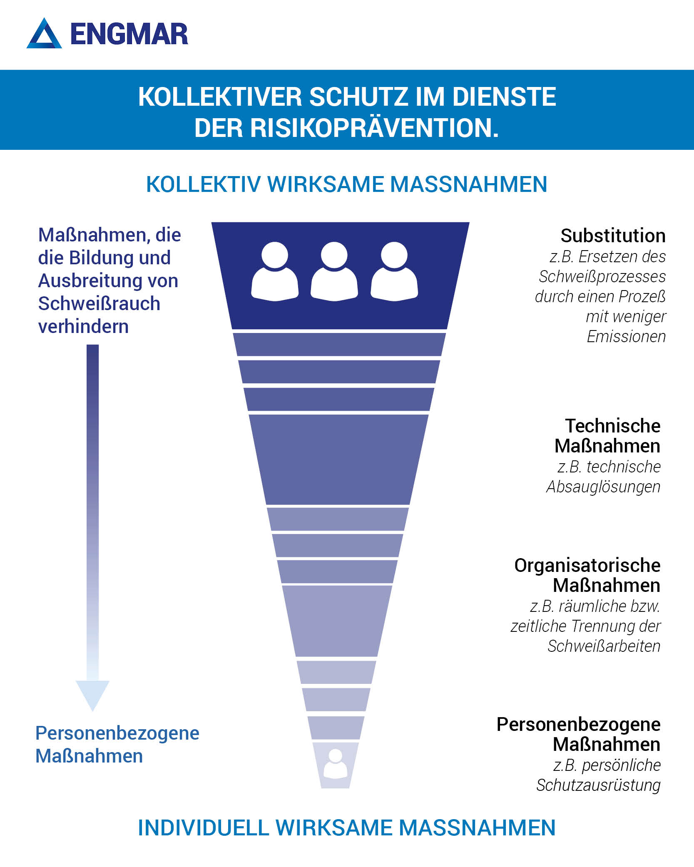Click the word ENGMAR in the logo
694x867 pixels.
point(129,34)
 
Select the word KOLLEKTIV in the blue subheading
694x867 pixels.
point(204,184)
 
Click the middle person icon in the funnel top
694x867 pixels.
point(334,271)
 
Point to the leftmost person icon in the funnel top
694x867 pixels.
point(275,271)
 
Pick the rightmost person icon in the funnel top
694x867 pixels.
point(394,271)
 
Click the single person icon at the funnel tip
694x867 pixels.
point(335,764)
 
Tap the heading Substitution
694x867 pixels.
point(613,236)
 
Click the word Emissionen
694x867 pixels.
point(626,336)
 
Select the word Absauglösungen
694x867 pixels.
point(603,487)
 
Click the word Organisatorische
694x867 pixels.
point(587,566)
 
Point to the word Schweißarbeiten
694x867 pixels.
point(604,646)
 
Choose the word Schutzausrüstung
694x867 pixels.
point(598,785)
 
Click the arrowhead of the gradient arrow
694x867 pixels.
point(92,696)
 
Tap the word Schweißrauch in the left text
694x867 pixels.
point(99,303)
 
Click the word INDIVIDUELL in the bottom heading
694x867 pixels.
point(204,828)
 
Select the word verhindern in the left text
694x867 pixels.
point(83,327)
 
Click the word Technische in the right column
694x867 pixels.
point(613,426)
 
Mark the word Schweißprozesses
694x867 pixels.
point(602,276)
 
